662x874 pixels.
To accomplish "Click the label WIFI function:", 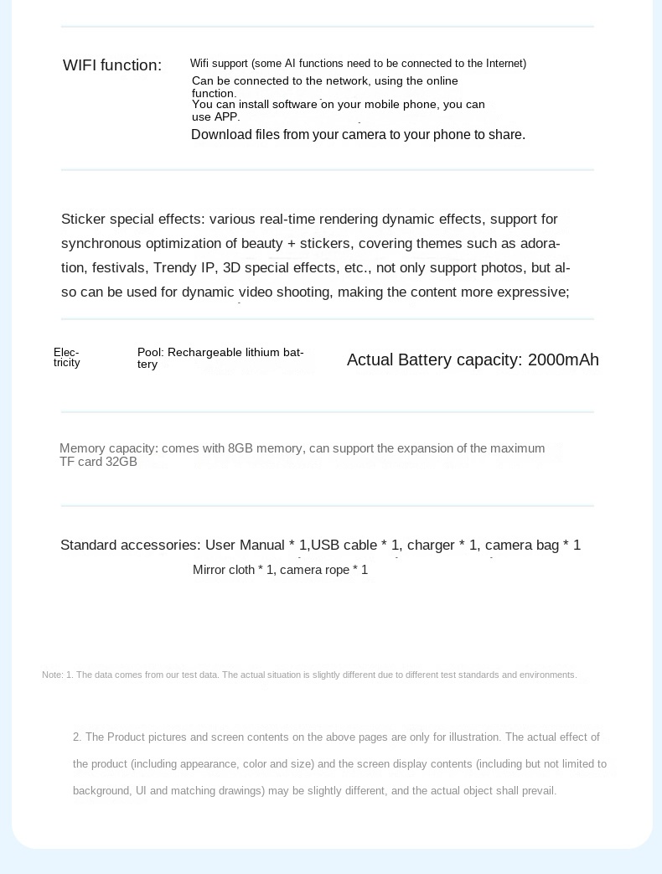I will point(112,65).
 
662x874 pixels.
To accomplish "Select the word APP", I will point(226,117).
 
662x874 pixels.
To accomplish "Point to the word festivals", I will point(118,268).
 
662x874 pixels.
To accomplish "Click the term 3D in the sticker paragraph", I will point(231,268).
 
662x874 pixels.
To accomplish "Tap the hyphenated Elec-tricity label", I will point(67,358).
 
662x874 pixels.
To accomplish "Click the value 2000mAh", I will point(563,360).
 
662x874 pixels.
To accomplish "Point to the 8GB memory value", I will point(240,449).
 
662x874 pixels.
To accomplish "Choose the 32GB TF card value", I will point(122,463).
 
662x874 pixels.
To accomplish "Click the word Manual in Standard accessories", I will point(262,546).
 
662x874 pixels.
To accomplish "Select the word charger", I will point(431,546).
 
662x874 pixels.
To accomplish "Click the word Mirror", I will point(210,571).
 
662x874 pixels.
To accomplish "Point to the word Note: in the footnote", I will point(53,675).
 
